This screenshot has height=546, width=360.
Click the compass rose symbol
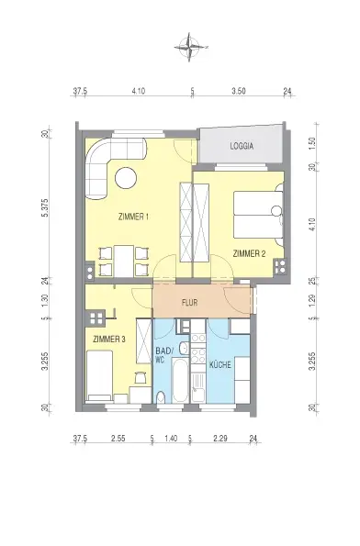point(189,47)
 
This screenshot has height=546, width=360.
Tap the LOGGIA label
point(242,146)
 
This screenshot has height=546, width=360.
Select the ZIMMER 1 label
point(134,217)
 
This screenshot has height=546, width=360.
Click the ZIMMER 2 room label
point(249,253)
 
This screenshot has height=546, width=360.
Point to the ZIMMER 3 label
point(109,339)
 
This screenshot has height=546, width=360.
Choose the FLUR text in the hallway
point(189,302)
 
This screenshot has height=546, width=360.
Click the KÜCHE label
point(219,365)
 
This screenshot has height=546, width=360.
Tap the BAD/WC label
point(164,355)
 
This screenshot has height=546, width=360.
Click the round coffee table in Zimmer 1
point(126,178)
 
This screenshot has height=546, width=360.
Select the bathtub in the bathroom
point(181,380)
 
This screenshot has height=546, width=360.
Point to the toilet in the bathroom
point(161,397)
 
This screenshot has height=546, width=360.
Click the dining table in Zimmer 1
point(124,262)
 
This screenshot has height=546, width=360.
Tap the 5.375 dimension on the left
point(45,208)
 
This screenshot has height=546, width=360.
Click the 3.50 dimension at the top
point(239,91)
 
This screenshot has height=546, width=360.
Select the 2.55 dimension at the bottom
point(118,438)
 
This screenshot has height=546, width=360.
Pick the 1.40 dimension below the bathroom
point(171,438)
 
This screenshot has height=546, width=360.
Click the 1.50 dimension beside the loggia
point(312,142)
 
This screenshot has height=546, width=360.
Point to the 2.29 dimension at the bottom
point(220,438)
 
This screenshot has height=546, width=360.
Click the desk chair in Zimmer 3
point(141,377)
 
